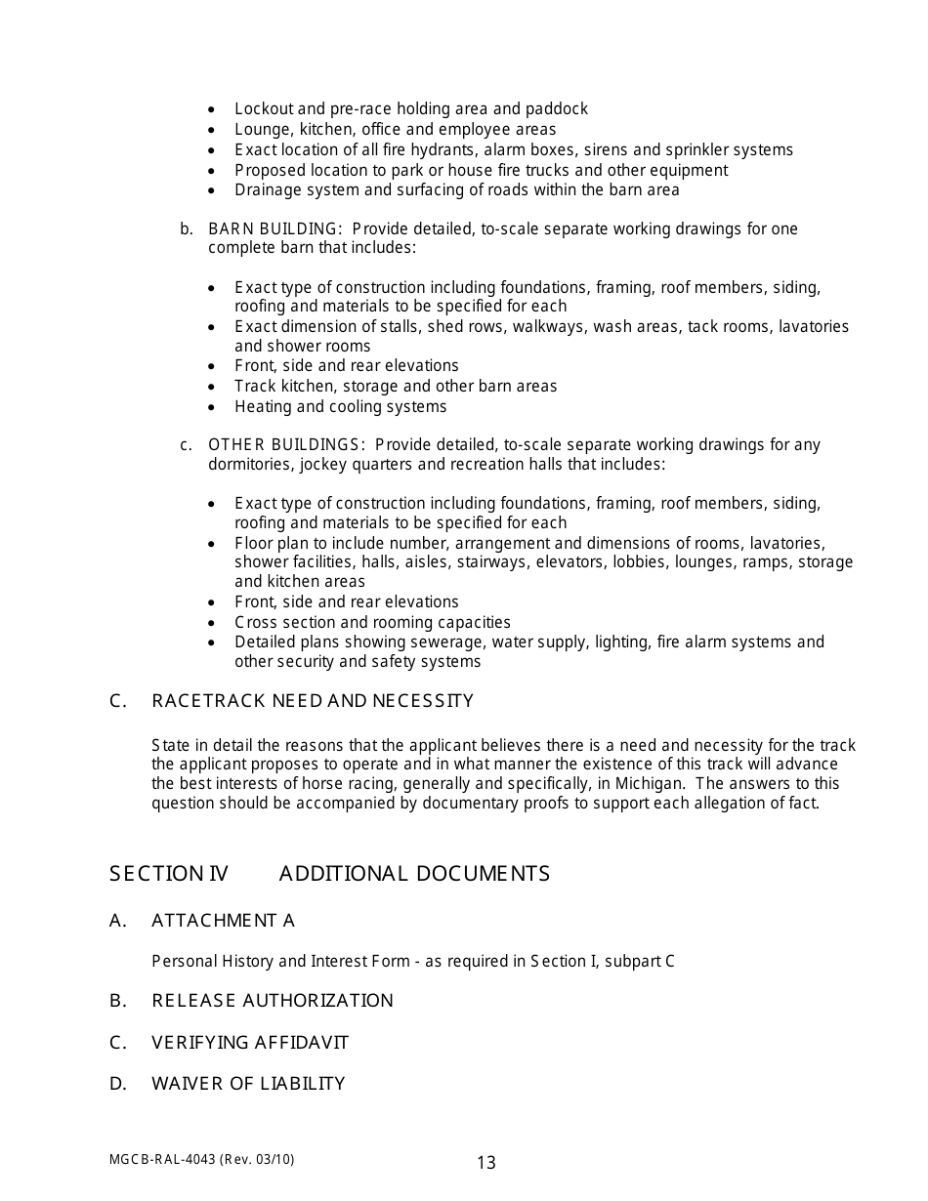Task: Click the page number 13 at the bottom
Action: click(x=485, y=1162)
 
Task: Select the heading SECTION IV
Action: click(x=168, y=874)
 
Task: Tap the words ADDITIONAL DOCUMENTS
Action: click(x=414, y=874)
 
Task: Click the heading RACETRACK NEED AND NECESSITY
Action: click(x=312, y=701)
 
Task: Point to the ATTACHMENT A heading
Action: click(x=223, y=921)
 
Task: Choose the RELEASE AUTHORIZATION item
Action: click(x=272, y=1001)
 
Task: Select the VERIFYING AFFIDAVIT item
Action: click(x=249, y=1043)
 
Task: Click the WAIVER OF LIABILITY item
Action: click(x=248, y=1084)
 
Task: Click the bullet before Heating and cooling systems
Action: click(x=212, y=407)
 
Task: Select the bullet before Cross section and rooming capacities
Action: click(x=212, y=623)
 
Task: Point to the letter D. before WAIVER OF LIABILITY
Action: click(x=118, y=1084)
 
